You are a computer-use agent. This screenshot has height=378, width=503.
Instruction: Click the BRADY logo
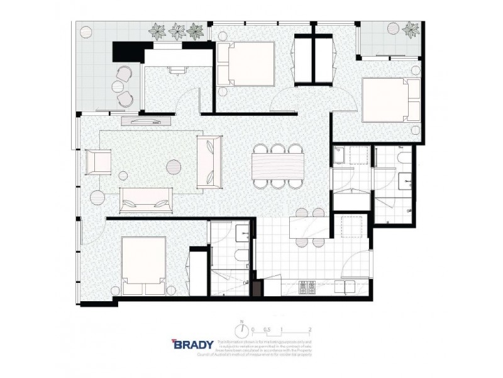(192, 346)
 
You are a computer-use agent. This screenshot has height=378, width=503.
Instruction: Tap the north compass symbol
(240, 329)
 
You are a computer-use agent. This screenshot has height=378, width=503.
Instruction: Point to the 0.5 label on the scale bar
(267, 329)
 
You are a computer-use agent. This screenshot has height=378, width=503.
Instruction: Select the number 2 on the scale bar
(311, 329)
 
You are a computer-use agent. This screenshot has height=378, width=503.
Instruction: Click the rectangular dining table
(277, 166)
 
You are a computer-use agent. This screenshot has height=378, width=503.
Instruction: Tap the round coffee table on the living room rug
(174, 166)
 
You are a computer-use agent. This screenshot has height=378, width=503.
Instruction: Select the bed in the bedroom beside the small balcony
(392, 100)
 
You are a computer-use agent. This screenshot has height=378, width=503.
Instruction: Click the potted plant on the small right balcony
(411, 28)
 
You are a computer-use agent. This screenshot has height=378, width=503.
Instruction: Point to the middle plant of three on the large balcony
(177, 30)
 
